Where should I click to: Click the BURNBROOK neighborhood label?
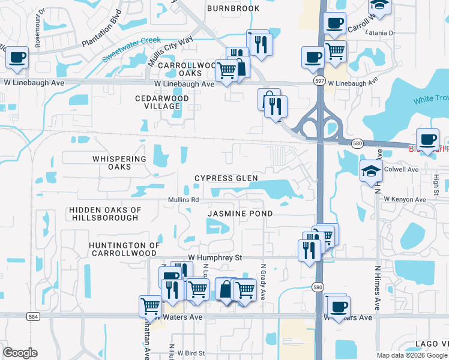pos(234,8)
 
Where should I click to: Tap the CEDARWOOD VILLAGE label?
pos(162,102)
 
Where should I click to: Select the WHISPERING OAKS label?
pos(119,163)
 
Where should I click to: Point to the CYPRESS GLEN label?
pos(226,178)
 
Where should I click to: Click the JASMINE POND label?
pos(240,214)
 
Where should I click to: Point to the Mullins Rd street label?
pos(183,200)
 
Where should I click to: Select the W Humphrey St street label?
pos(214,257)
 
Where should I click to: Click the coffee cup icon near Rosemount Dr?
pos(17,58)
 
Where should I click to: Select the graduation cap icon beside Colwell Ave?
pos(371,172)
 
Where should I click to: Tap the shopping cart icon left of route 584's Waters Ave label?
pos(149,306)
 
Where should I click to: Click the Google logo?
pos(20,353)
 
